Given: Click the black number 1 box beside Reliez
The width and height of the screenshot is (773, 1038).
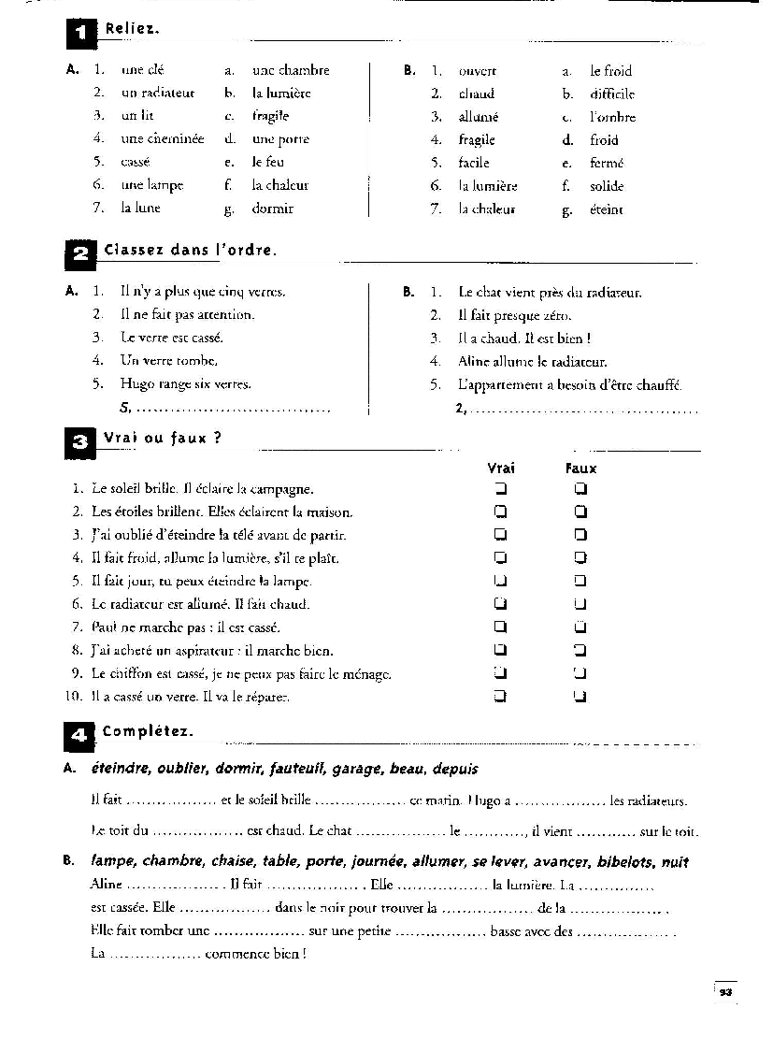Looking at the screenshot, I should click(x=80, y=35).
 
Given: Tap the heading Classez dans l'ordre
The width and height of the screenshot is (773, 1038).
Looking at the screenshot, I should click(x=191, y=251).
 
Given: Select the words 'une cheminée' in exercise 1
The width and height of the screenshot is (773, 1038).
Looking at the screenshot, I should click(x=163, y=139).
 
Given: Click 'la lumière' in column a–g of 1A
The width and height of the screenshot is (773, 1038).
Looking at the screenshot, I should click(x=281, y=94).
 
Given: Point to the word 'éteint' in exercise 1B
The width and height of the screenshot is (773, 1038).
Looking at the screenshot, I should click(x=607, y=210).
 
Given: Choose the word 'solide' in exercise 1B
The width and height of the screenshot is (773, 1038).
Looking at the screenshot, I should click(x=607, y=186).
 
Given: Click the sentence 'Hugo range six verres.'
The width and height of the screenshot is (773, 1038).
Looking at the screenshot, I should click(x=185, y=383).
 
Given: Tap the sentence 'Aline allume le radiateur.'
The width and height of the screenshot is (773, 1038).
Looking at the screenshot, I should click(x=532, y=361).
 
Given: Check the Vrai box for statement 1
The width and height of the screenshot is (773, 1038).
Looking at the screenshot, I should click(x=501, y=489).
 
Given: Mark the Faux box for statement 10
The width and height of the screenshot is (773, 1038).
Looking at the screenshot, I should click(x=580, y=696).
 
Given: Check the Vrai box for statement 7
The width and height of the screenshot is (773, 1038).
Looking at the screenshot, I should click(x=501, y=627).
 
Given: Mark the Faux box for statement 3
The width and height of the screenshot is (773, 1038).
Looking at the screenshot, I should click(x=580, y=536).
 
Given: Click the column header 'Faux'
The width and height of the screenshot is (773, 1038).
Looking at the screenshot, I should click(x=580, y=469).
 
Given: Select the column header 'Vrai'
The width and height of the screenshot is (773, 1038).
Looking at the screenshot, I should click(x=501, y=469).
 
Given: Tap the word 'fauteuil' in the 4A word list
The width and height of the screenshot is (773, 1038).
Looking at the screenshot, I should click(x=296, y=769).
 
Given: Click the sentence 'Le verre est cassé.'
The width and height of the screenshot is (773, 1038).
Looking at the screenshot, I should click(x=172, y=338).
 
